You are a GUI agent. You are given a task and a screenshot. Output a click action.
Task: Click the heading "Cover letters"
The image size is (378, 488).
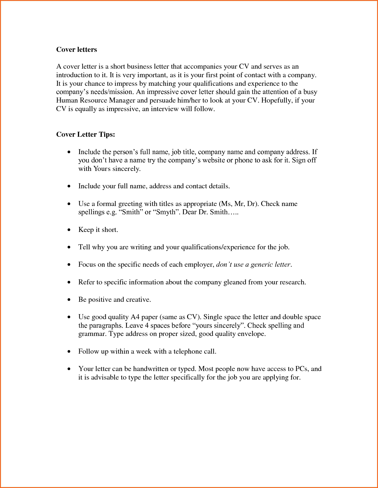point(76,50)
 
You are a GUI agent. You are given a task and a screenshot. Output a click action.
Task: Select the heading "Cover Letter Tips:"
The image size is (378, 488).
point(86,135)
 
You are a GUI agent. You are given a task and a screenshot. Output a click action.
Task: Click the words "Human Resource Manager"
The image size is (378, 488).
point(96,100)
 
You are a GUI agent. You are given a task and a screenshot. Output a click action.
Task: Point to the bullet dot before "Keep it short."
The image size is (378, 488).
point(69,230)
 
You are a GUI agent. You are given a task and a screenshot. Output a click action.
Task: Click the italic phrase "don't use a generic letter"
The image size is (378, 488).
point(253,265)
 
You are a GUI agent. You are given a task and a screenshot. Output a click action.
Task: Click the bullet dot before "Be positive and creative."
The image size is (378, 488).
point(69,300)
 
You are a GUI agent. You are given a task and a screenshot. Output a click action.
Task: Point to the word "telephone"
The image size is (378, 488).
point(188,352)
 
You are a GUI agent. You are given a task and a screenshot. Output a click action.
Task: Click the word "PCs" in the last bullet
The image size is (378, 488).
point(301,369)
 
